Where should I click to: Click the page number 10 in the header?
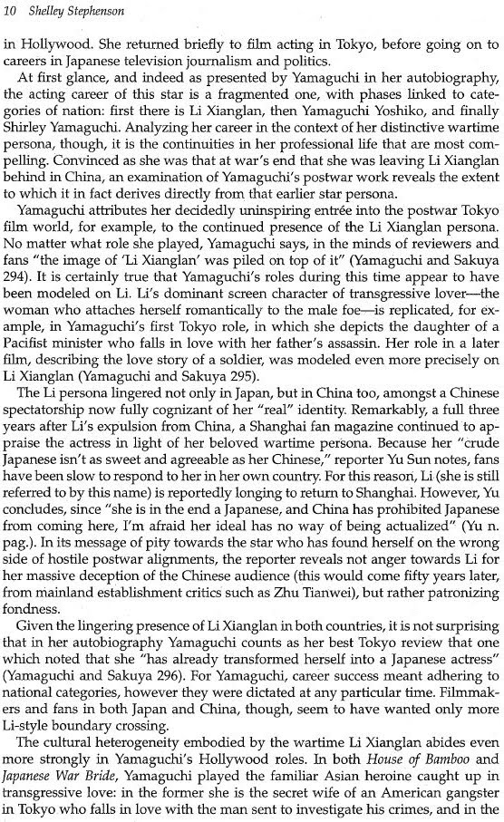[12, 10]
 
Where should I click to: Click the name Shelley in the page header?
[46, 10]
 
